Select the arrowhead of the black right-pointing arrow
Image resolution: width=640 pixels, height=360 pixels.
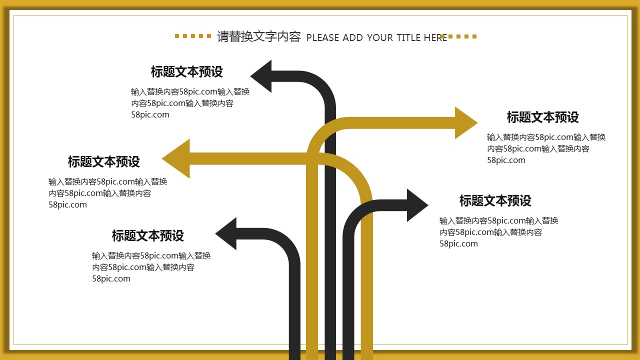pos(416,205)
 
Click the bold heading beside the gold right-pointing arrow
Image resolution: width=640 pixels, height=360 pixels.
pos(542,117)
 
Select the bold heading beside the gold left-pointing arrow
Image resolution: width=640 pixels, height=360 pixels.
pos(104,162)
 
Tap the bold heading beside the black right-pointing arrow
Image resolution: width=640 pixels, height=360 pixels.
pos(495,201)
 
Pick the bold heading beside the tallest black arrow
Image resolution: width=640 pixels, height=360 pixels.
pos(186,72)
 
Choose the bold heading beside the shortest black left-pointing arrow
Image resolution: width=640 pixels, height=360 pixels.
pos(147,235)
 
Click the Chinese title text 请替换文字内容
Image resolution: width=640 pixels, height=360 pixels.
pos(258,36)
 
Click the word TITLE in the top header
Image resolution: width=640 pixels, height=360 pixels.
pos(408,37)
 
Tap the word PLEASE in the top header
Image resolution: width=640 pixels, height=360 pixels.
pos(322,37)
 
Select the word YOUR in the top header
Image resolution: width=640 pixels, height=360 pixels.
pos(380,37)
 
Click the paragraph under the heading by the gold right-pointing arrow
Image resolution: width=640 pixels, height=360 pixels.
pos(546,148)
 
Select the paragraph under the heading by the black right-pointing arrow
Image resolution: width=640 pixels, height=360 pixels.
pos(498,232)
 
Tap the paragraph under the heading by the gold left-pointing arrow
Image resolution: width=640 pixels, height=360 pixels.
pos(107,193)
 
